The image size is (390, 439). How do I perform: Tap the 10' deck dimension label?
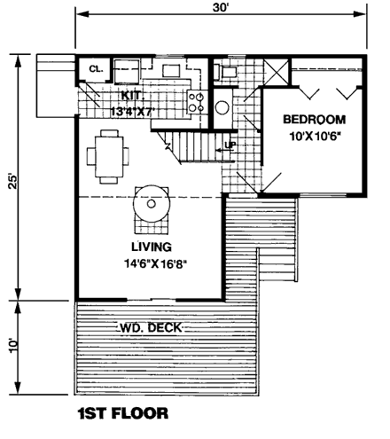pyautogui.click(x=13, y=345)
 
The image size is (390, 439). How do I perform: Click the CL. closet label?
pyautogui.click(x=96, y=69)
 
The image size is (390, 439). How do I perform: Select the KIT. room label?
pyautogui.click(x=133, y=96)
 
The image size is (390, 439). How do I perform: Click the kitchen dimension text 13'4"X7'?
pyautogui.click(x=132, y=112)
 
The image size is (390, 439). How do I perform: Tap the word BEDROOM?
pyautogui.click(x=315, y=120)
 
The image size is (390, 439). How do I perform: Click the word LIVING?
pyautogui.click(x=152, y=247)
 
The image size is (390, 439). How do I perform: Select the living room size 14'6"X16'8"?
pyautogui.click(x=156, y=263)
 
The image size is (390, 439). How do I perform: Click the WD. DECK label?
pyautogui.click(x=151, y=327)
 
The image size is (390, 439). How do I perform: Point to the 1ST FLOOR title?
pyautogui.click(x=123, y=413)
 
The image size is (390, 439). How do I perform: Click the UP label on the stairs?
pyautogui.click(x=230, y=145)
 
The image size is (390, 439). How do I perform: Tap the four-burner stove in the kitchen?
pyautogui.click(x=197, y=102)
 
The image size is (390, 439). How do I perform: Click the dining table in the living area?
pyautogui.click(x=109, y=157)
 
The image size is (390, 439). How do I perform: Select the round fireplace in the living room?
pyautogui.click(x=152, y=204)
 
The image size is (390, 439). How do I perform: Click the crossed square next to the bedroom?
pyautogui.click(x=276, y=72)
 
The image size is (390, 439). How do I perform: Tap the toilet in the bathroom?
pyautogui.click(x=227, y=72)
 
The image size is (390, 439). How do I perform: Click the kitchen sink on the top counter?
pyautogui.click(x=171, y=71)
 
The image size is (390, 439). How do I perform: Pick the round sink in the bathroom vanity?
pyautogui.click(x=222, y=108)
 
